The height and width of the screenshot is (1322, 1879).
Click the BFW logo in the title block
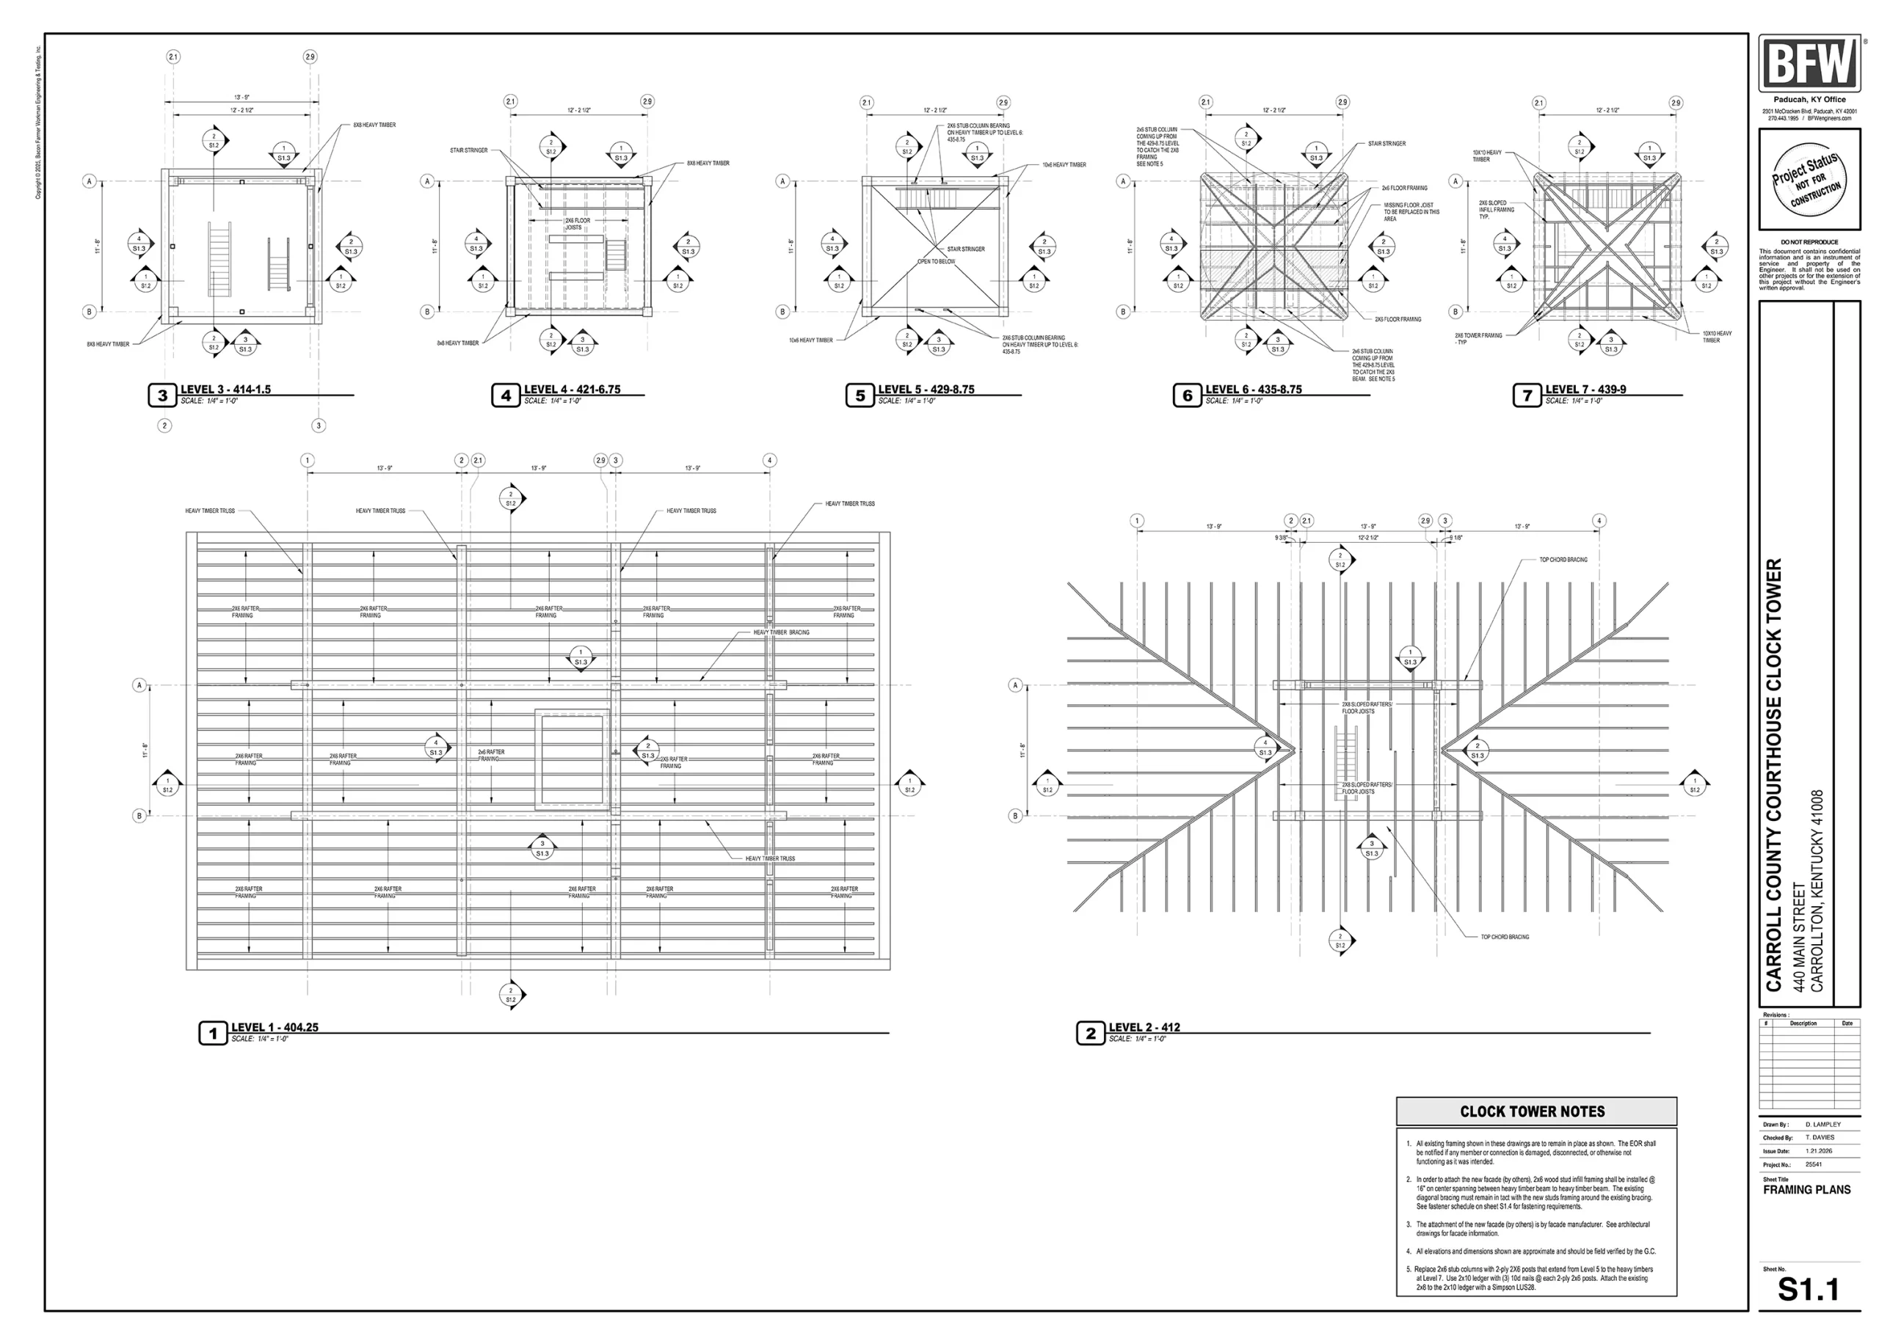coord(1808,63)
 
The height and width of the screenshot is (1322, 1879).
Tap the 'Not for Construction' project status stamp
coord(1808,179)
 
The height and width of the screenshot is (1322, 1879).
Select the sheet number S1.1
coord(1807,1289)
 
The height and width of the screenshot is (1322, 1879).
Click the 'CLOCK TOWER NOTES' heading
coord(1532,1111)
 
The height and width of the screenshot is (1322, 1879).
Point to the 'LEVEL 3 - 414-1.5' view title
coord(225,390)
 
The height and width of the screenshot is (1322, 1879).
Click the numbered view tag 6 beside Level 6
coord(1187,396)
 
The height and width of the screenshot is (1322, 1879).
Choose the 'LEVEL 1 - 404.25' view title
coord(275,1028)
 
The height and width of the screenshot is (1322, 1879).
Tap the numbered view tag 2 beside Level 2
coord(1090,1033)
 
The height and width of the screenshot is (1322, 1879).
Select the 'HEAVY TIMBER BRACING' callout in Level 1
coord(781,632)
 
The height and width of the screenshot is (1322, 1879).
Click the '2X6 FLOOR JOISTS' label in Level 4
coord(577,223)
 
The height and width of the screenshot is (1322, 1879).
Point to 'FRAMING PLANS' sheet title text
coord(1806,1190)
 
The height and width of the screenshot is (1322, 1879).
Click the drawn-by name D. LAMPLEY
coord(1822,1124)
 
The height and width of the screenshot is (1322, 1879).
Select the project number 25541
coord(1814,1164)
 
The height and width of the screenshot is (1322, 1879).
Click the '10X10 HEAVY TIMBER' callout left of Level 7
coord(1487,156)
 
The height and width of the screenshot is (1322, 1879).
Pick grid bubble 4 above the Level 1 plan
coord(769,461)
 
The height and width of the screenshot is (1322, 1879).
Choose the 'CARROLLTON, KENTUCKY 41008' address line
coord(1817,891)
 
